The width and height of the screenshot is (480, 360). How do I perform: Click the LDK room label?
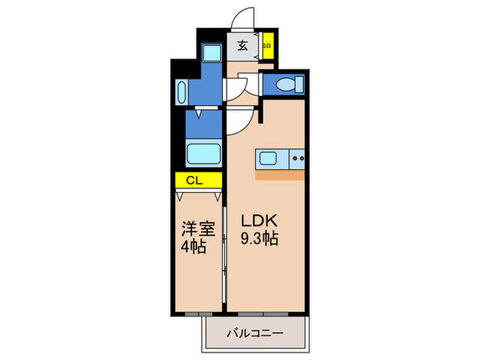259,220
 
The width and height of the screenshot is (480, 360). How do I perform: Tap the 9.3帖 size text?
259,238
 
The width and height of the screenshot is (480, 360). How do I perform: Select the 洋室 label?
198,228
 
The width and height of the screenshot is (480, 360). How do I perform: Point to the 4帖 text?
193,246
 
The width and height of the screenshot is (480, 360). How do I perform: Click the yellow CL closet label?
195,180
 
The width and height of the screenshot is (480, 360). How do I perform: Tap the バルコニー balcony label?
254,333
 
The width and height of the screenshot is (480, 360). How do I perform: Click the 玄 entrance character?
243,46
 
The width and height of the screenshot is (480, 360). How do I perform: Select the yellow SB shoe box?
268,46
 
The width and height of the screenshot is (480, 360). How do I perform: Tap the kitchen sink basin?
268,158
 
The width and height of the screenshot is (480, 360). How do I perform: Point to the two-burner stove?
297,158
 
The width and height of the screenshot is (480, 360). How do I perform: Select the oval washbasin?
182,92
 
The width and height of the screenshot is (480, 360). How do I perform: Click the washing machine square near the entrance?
211,52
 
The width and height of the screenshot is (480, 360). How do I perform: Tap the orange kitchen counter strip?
280,176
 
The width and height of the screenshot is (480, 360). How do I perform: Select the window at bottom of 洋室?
199,314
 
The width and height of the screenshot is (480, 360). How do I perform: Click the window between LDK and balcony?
263,314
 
